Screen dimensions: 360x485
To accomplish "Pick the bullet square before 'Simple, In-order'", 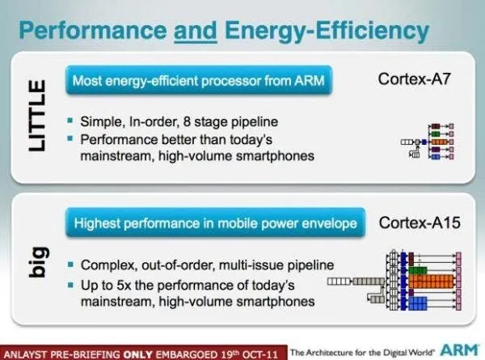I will coord(71,121).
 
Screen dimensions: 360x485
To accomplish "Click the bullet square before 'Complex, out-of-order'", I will coord(71,265).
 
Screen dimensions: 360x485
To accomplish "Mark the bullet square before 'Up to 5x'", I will coord(71,283).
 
